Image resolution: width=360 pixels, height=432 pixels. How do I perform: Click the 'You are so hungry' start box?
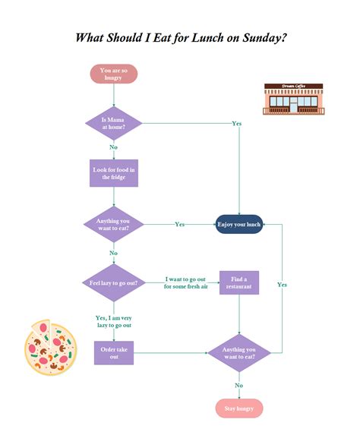[x=113, y=74]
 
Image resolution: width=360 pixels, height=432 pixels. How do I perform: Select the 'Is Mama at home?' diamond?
[x=113, y=123]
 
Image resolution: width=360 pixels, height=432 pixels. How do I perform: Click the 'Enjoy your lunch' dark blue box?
[x=239, y=225]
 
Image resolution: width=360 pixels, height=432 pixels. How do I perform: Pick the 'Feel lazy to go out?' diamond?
[x=113, y=282]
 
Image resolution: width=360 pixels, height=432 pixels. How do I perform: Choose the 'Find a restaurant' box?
[x=239, y=282]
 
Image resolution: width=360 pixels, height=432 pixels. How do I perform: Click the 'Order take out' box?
[x=113, y=352]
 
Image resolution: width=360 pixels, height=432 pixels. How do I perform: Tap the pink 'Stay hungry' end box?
[x=239, y=408]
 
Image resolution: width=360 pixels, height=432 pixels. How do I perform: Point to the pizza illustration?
[x=48, y=346]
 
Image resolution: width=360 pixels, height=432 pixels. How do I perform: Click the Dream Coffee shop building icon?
[x=294, y=99]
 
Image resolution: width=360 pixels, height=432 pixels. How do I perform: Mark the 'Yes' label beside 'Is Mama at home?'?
[x=236, y=123]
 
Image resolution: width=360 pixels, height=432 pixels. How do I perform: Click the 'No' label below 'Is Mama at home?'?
[x=113, y=147]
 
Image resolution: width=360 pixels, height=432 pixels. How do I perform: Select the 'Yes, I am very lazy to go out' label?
[x=113, y=321]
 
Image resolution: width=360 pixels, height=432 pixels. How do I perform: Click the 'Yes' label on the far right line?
[x=282, y=284]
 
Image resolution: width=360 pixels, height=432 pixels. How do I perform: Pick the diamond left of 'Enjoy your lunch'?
[x=113, y=225]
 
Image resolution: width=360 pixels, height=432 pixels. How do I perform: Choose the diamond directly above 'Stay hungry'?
[x=239, y=352]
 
